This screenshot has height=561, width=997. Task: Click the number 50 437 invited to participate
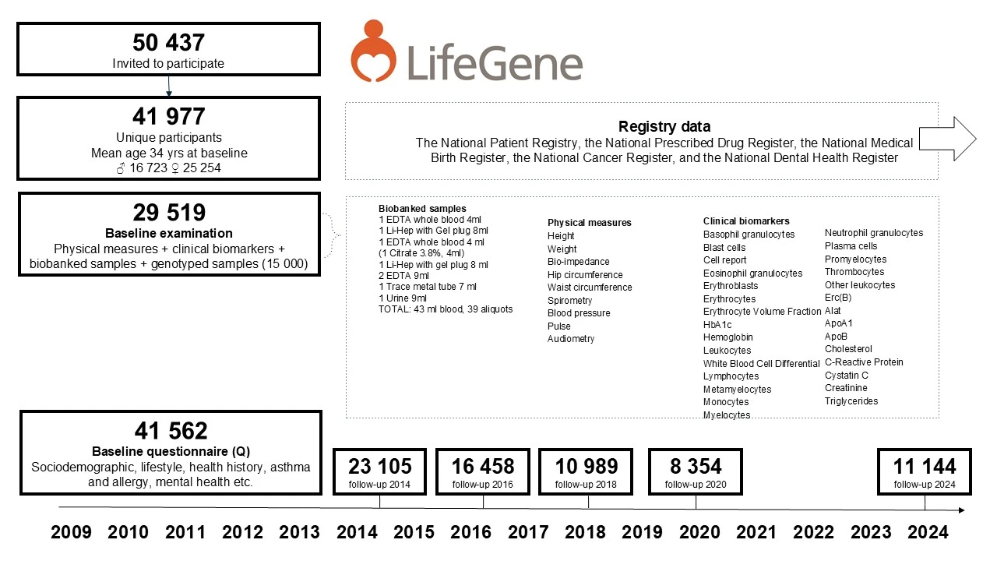click(168, 42)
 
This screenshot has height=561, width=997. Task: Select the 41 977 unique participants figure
click(168, 116)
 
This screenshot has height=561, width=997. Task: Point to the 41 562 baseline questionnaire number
click(170, 431)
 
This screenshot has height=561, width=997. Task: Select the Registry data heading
click(664, 126)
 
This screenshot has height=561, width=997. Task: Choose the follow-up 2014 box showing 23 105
click(379, 471)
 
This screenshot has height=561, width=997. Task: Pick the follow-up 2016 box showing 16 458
click(483, 471)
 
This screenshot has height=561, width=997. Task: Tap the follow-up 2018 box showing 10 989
click(586, 471)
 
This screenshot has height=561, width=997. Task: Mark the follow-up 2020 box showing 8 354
click(696, 471)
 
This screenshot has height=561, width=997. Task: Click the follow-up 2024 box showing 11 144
click(924, 471)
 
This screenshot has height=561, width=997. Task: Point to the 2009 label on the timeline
click(71, 532)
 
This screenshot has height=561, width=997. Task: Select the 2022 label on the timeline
click(813, 532)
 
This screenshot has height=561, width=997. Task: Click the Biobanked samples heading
click(422, 209)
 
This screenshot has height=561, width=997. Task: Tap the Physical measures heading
click(589, 223)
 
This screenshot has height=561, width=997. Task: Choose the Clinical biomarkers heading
click(745, 221)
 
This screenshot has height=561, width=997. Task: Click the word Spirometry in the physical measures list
click(569, 300)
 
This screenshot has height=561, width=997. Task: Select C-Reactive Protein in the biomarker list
click(864, 362)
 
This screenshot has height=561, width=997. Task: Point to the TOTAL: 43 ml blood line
click(446, 309)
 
